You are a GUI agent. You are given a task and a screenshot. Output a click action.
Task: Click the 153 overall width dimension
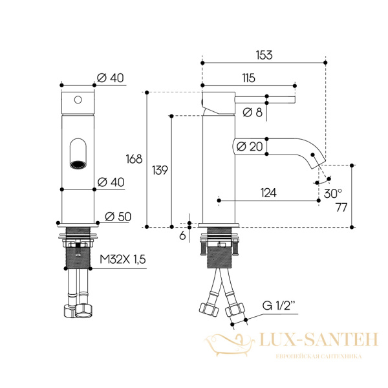click(264, 55)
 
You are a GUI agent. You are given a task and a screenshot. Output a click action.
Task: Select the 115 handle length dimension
click(248, 78)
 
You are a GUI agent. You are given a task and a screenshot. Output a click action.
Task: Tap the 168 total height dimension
click(134, 159)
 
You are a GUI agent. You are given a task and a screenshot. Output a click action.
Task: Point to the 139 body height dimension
click(160, 170)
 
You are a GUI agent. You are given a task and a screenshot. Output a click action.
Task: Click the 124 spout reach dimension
click(268, 193)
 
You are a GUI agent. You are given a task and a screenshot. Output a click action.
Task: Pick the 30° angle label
click(333, 193)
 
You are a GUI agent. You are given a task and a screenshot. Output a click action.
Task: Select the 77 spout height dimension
click(341, 208)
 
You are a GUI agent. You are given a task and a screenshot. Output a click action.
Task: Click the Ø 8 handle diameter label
click(252, 113)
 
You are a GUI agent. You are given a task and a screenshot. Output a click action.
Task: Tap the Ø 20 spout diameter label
click(250, 147)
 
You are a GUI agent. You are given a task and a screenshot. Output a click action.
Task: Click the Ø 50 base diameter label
click(118, 217)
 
